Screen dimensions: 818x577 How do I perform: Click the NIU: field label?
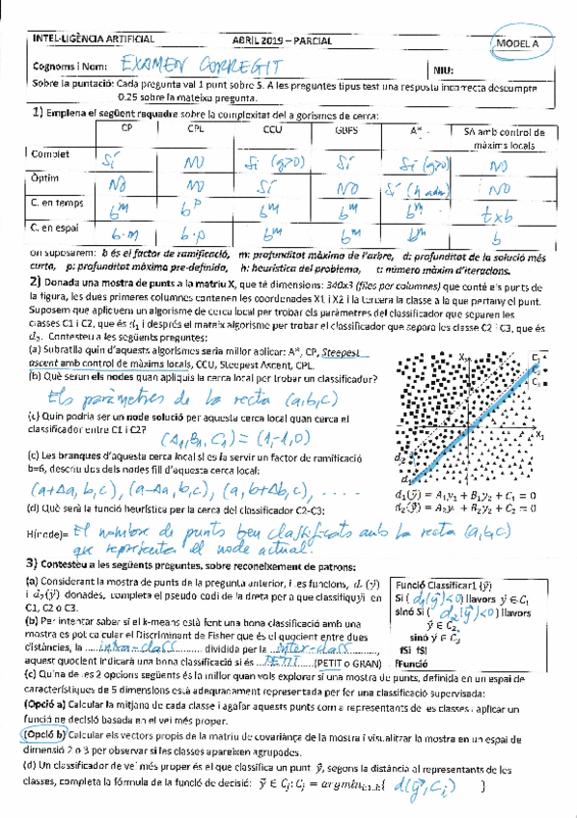pyautogui.click(x=446, y=69)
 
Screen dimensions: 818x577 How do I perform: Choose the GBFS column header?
pyautogui.click(x=343, y=127)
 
